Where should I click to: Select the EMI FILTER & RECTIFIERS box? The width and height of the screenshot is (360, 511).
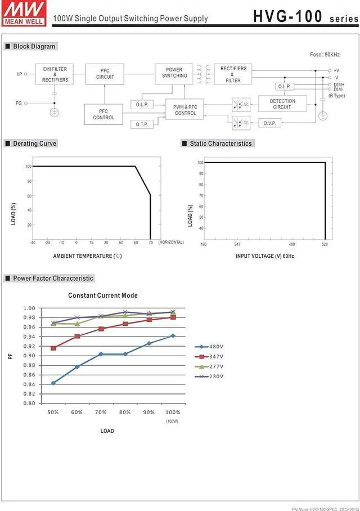click(x=55, y=75)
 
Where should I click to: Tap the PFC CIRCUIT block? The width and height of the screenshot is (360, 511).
click(x=105, y=74)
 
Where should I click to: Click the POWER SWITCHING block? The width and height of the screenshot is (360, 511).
click(x=174, y=73)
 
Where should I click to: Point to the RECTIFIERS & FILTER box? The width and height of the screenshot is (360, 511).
click(x=233, y=74)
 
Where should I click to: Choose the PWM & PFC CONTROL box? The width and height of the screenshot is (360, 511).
click(x=185, y=110)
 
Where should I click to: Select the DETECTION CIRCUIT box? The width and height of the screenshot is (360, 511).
click(x=282, y=104)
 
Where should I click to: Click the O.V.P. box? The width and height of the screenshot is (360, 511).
click(x=269, y=123)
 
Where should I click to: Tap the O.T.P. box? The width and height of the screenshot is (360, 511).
click(x=141, y=124)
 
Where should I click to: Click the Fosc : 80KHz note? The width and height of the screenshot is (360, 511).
click(x=325, y=55)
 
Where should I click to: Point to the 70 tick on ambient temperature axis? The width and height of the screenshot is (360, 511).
click(x=150, y=243)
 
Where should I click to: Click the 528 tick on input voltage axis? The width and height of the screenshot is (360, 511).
click(x=325, y=244)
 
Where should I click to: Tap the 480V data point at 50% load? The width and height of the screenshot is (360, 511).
click(x=53, y=383)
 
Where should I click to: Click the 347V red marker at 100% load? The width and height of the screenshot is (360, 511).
click(x=173, y=317)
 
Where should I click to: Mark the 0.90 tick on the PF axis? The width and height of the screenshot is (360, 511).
click(x=29, y=356)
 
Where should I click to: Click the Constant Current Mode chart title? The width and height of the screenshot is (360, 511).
click(x=103, y=295)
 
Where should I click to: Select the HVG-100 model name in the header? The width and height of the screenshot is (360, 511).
click(x=286, y=16)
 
